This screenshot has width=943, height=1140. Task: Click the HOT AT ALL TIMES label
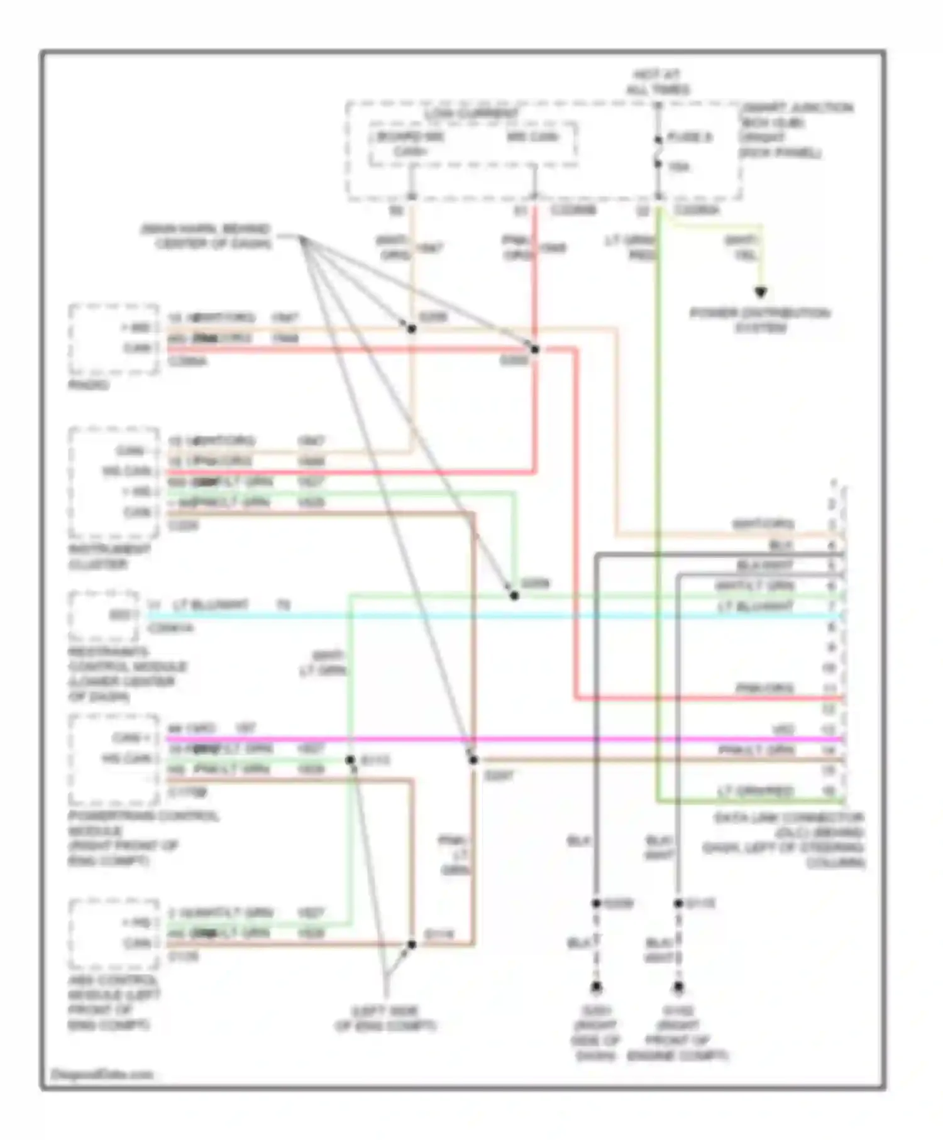(658, 83)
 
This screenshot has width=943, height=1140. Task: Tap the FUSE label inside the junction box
(689, 138)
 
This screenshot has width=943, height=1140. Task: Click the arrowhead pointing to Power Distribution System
(761, 293)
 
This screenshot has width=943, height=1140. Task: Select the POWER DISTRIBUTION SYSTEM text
(760, 320)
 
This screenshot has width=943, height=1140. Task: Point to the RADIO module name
(87, 384)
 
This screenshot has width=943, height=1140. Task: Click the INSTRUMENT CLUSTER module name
(109, 556)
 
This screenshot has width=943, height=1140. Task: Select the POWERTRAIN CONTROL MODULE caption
(144, 838)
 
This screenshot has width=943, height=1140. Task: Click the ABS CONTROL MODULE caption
(113, 1002)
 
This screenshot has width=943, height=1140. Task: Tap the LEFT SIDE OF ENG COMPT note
(385, 1019)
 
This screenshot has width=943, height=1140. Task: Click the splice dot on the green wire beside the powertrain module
(350, 760)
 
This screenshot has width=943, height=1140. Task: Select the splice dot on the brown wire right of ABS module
(412, 945)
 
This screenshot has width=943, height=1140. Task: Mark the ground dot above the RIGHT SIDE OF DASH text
(595, 987)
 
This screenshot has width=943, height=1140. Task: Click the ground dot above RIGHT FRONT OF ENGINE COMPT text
(678, 987)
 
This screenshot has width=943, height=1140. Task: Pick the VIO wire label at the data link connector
(783, 730)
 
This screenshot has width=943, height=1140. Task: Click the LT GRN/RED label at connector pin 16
(755, 791)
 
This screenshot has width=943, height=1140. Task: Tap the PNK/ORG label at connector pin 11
(764, 689)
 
